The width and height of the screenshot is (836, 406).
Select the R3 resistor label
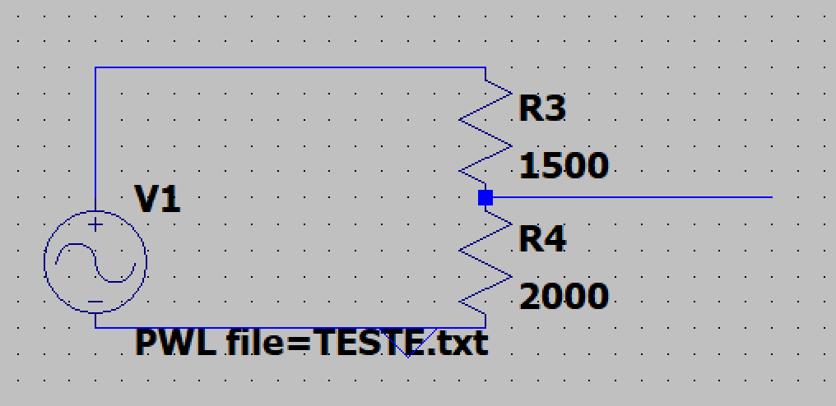tap(542, 108)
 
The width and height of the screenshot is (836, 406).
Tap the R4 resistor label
tap(542, 240)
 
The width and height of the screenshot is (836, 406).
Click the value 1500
tap(564, 167)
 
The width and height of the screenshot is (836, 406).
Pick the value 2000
tap(564, 296)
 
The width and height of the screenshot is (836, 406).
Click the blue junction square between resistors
tap(485, 197)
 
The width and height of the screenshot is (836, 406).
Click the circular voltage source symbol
tap(95, 262)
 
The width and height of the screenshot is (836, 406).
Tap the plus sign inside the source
tap(95, 224)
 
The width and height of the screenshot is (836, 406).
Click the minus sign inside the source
tap(95, 302)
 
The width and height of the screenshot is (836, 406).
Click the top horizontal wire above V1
tap(288, 67)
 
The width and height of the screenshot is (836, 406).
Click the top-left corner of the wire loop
tap(95, 67)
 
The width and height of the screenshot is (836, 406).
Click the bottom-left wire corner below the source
tap(95, 327)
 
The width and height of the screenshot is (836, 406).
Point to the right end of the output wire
tap(770, 197)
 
